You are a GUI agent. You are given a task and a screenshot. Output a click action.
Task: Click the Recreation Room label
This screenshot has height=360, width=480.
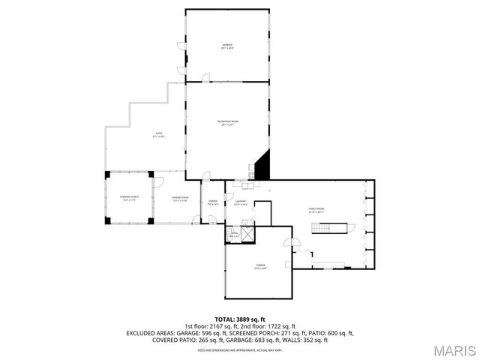228,123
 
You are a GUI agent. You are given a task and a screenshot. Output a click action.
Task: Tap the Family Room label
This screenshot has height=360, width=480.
315,210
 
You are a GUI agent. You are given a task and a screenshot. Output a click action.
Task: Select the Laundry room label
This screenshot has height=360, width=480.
240,202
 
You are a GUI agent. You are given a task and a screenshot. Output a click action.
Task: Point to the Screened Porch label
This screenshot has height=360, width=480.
127,199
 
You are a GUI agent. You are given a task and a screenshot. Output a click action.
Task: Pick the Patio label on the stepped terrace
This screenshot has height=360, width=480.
159,135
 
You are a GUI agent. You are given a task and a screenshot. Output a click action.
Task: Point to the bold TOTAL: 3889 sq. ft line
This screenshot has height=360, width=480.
240,319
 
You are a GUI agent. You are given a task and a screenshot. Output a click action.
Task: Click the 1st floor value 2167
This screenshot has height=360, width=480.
214,326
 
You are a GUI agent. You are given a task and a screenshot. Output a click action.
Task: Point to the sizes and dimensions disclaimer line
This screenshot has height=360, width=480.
240,349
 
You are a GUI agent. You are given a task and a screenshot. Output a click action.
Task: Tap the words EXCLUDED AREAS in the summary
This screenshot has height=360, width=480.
150,333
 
